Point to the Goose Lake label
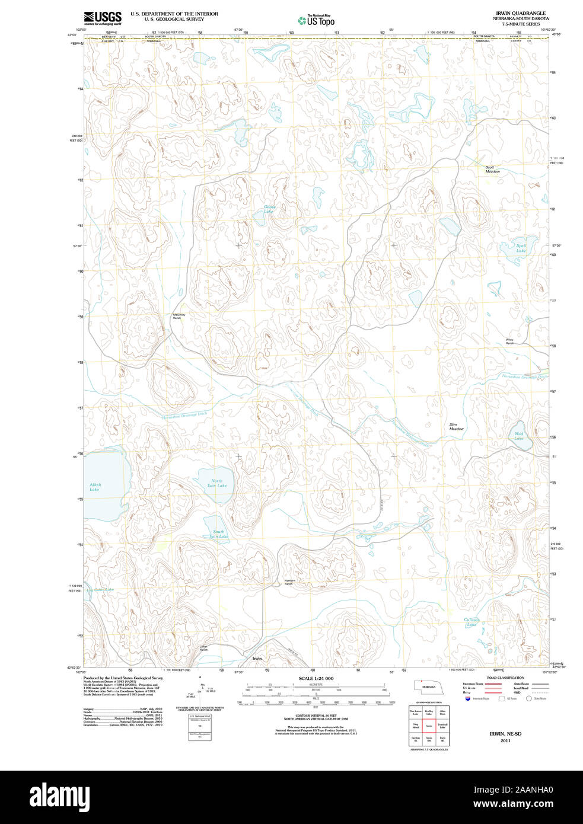[x=269, y=209]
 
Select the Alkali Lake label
[x=95, y=487]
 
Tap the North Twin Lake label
[x=216, y=483]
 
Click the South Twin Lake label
[x=219, y=534]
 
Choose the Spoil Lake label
[x=521, y=248]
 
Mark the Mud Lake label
[x=519, y=436]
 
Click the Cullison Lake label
[x=472, y=622]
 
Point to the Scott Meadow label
[x=492, y=170]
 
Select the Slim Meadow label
[x=456, y=427]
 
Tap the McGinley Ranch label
[x=179, y=317]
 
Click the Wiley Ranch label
[x=509, y=341]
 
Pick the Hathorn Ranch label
[x=289, y=582]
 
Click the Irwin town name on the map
[x=257, y=659]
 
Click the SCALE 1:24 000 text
[x=316, y=679]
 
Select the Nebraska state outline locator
[x=427, y=686]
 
